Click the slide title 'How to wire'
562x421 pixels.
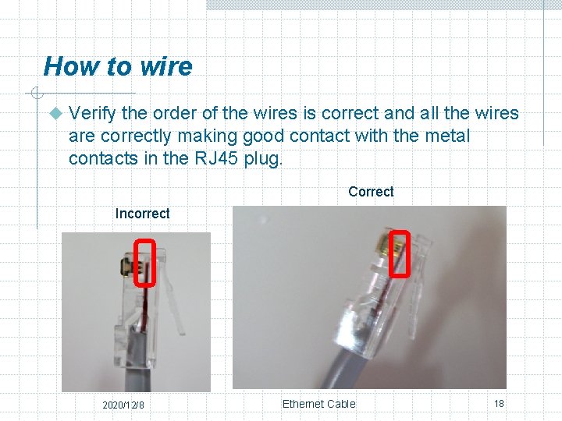(117, 66)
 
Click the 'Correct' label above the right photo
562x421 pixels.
(371, 192)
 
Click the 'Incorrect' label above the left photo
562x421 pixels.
(142, 214)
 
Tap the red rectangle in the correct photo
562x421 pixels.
(400, 253)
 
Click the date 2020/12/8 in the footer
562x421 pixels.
(123, 405)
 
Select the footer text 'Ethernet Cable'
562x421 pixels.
(318, 404)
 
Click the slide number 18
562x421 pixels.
(499, 404)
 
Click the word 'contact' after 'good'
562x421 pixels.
(318, 136)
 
